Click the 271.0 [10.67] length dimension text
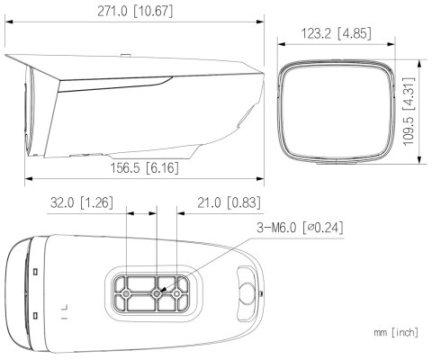pos(135,12)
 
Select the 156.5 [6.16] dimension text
pos(145,167)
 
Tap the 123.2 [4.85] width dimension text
pos(336,33)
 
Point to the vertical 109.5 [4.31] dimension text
pos(409,112)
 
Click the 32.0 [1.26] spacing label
pos(82,202)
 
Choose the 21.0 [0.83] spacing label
pos(229,202)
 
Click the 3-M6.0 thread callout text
pos(300,228)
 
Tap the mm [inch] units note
pos(396,332)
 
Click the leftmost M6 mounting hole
pos(126,293)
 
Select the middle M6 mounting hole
pos(156,294)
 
